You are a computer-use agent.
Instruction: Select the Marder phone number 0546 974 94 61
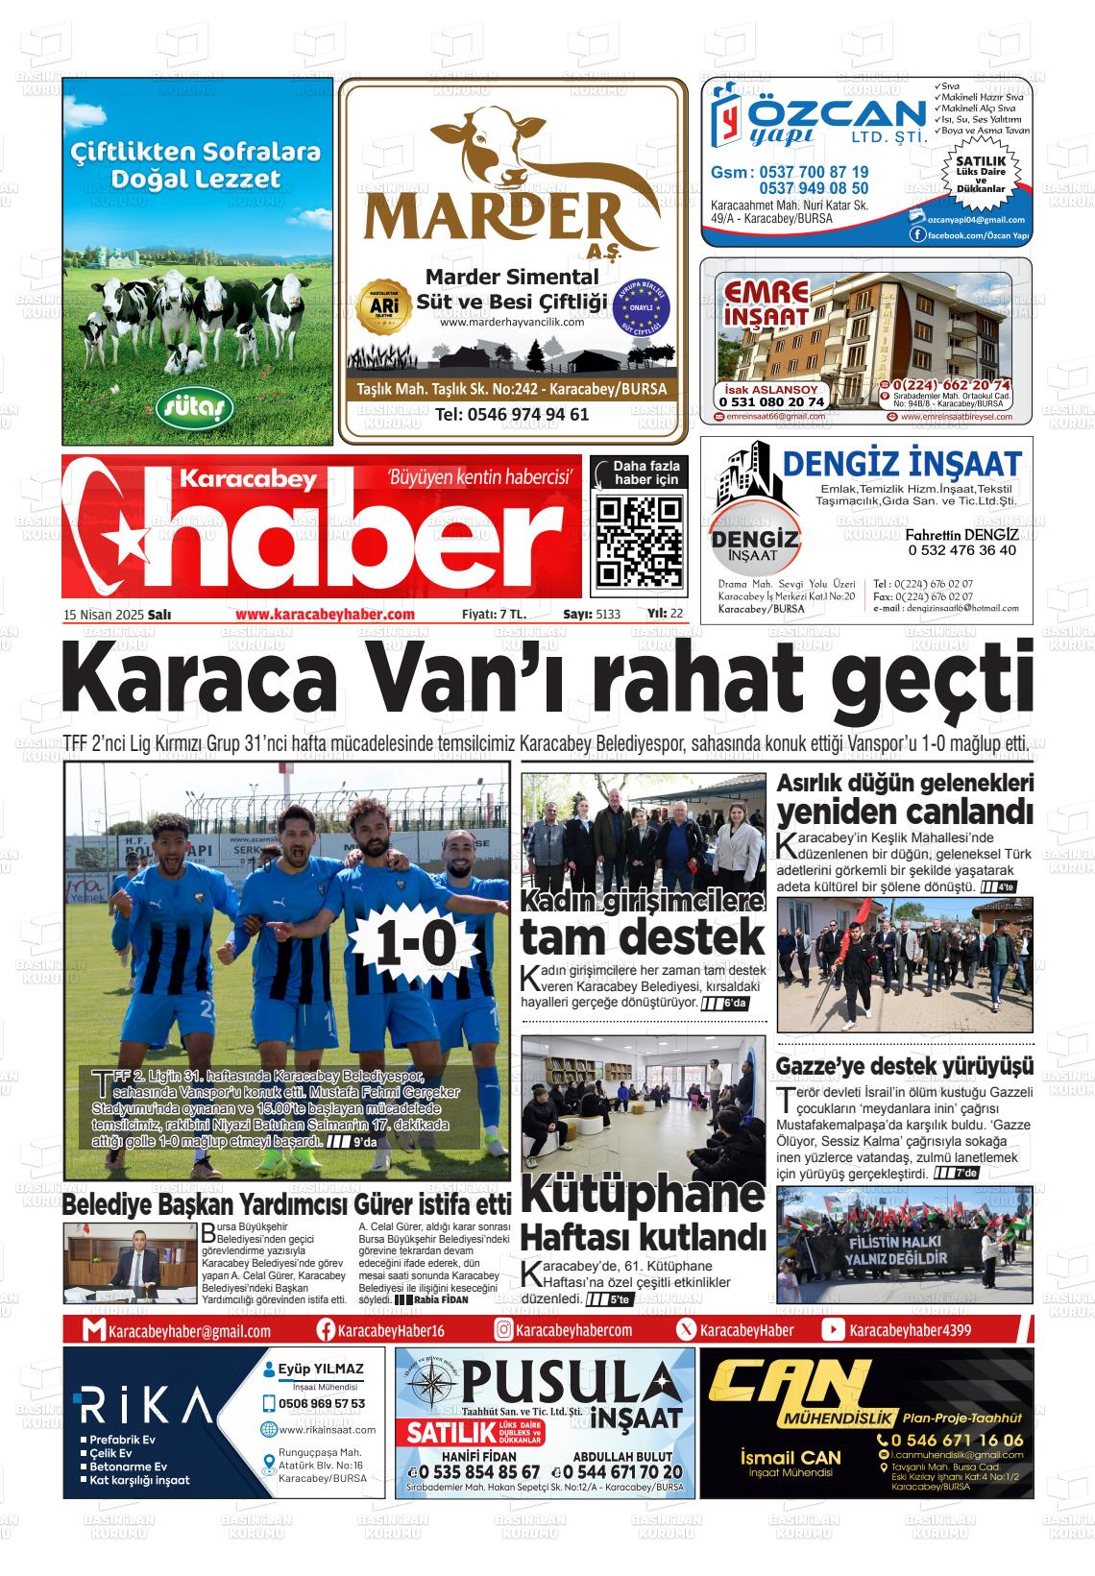point(512,415)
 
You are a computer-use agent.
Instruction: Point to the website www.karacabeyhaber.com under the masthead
point(324,615)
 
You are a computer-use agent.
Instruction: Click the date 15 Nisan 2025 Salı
point(117,615)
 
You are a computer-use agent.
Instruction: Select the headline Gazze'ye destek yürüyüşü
point(905,1066)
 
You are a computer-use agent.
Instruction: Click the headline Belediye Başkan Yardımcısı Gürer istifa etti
point(286,1204)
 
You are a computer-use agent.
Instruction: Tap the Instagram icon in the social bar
point(503,1330)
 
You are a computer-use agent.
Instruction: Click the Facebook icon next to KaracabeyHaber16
point(325,1330)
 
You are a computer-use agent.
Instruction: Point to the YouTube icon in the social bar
point(833,1330)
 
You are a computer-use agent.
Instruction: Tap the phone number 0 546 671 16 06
point(958,1440)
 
